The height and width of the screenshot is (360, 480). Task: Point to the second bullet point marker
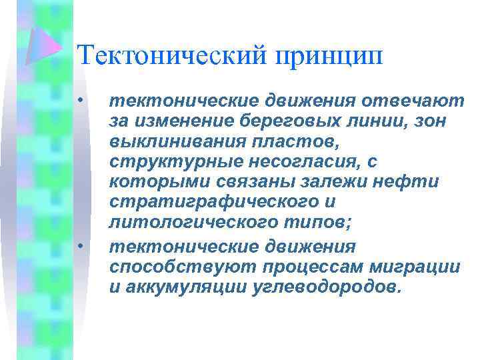pos(79,247)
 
